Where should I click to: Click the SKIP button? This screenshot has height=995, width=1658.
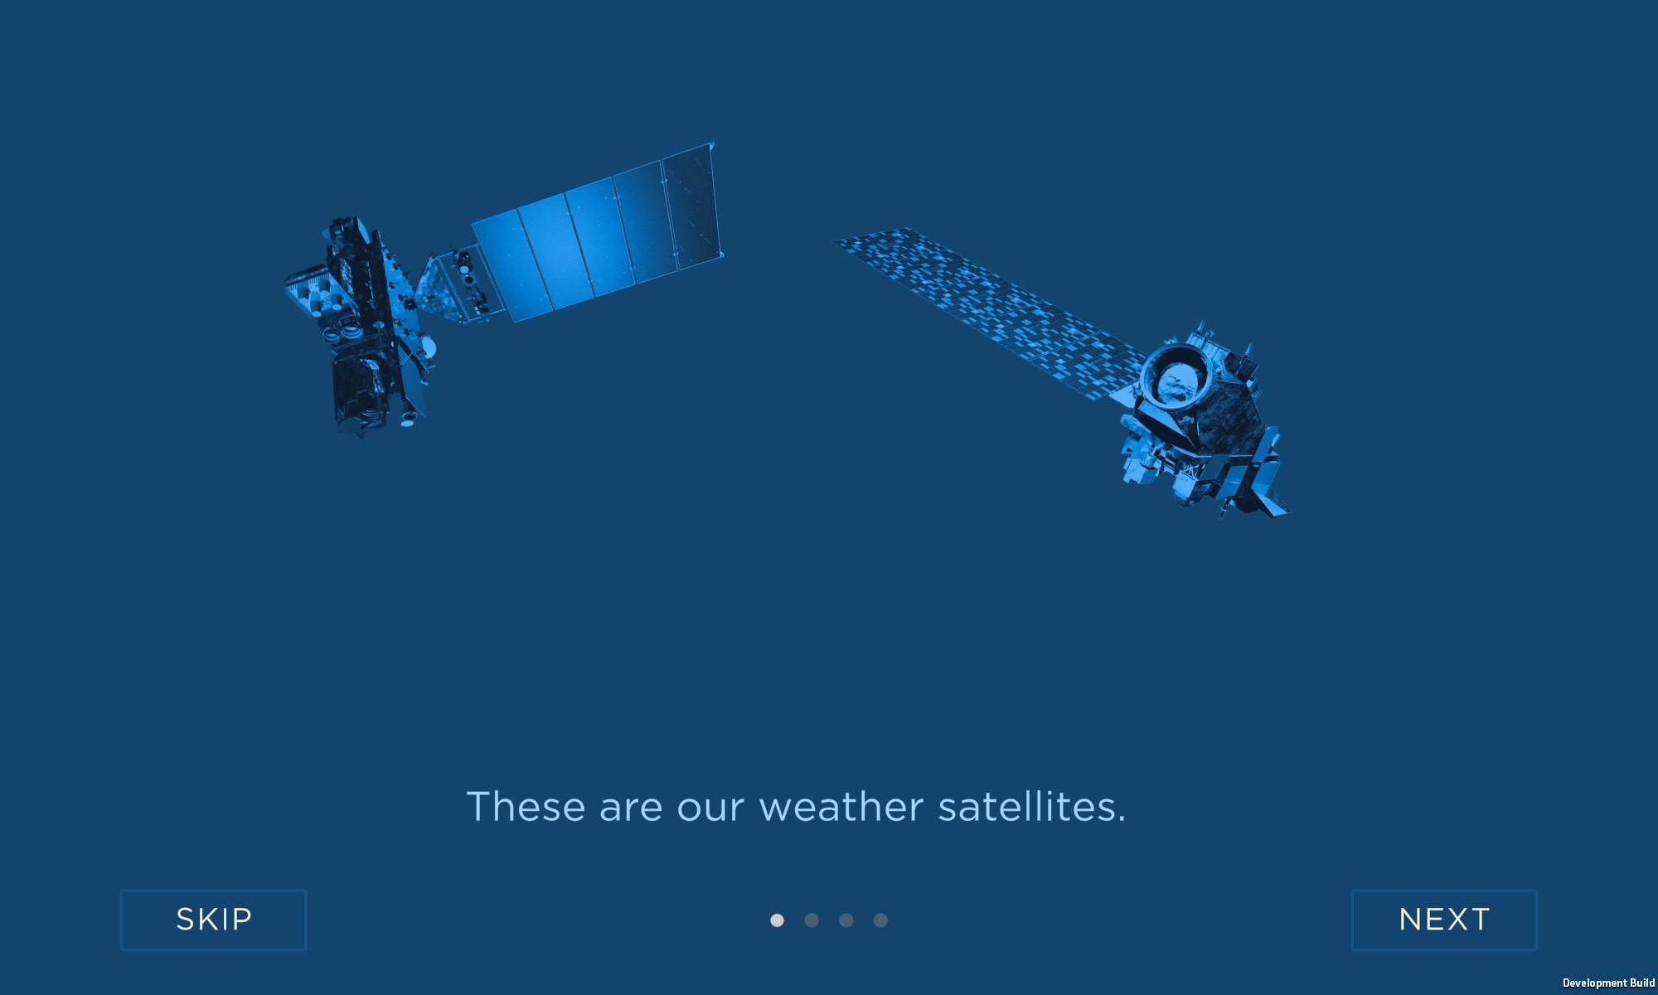click(213, 920)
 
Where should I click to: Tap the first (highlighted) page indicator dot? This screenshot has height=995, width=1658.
click(777, 920)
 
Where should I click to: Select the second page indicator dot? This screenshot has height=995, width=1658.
click(812, 920)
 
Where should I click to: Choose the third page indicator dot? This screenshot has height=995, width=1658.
click(846, 920)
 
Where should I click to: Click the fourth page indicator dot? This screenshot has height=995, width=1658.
click(880, 920)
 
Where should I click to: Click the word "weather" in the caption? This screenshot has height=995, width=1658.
click(841, 807)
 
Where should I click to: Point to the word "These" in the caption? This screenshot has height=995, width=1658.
click(526, 806)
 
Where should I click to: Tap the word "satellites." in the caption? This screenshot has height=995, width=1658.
click(1032, 806)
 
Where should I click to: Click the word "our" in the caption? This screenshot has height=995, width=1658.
click(710, 809)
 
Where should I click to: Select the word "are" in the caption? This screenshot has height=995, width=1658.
click(631, 809)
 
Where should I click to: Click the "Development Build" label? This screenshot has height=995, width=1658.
click(1608, 983)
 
